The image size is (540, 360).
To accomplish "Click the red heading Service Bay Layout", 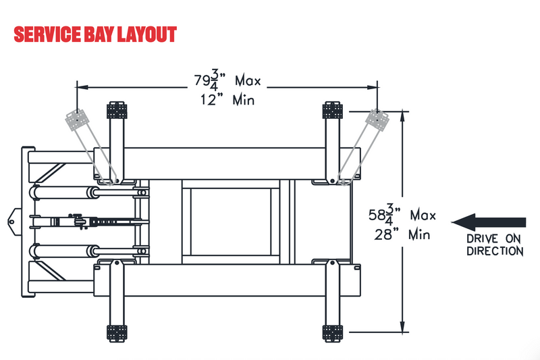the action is pos(95,34).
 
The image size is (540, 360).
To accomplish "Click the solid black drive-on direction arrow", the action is pos(489,222).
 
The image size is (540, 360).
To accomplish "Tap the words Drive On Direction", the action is pos(495,245).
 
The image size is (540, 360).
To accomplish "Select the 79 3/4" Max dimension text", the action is pos(227,80).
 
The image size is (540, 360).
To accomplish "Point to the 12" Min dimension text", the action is pos(227,100).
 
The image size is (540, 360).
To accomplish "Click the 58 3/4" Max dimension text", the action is pos(402,215).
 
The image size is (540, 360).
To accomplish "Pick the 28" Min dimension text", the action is pos(402,234).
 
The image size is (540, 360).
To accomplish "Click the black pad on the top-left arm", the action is pos(117,110).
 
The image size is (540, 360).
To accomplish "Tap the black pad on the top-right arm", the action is pos(332,110).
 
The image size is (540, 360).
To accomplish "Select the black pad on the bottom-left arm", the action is pos(117,333).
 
